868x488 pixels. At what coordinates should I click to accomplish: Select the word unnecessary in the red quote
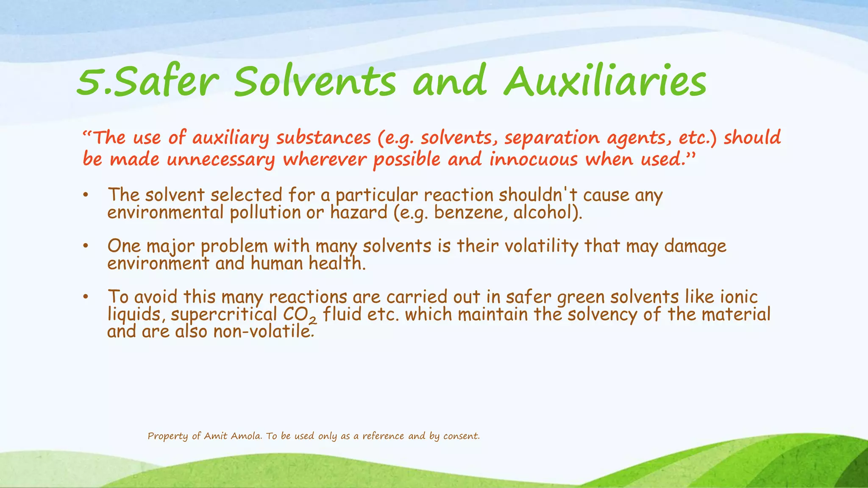[x=220, y=160]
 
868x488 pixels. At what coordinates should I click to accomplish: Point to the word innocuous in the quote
[x=534, y=160]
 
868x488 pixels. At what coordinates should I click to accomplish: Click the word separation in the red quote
[x=552, y=139]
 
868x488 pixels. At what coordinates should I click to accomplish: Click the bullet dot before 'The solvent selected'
[x=86, y=195]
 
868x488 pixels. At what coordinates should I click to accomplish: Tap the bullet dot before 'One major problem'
[x=86, y=246]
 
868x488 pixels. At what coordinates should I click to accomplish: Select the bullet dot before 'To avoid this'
[x=86, y=297]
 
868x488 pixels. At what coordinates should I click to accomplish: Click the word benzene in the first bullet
[x=469, y=212]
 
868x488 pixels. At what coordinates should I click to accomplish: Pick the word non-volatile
[x=264, y=331]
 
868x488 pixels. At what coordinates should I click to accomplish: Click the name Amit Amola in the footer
[x=233, y=436]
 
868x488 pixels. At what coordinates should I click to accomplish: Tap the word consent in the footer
[x=461, y=436]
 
